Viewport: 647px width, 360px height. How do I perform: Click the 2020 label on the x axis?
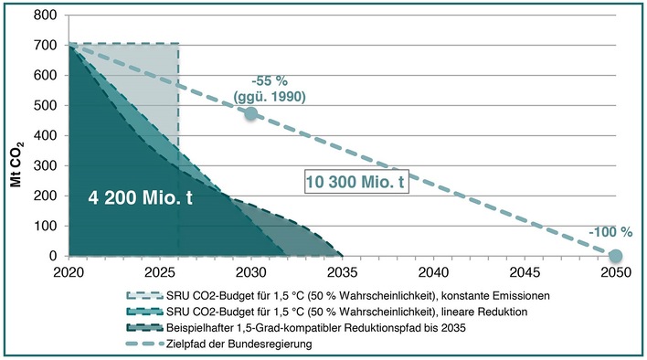69,271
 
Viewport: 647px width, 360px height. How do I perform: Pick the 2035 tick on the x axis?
342,271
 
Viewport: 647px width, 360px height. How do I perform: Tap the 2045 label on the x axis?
524,271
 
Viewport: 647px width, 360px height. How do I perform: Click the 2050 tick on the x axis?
615,271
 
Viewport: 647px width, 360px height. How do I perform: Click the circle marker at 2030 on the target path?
250,113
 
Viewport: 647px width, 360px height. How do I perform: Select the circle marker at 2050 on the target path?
615,256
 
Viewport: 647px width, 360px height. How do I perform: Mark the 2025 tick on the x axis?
160,271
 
